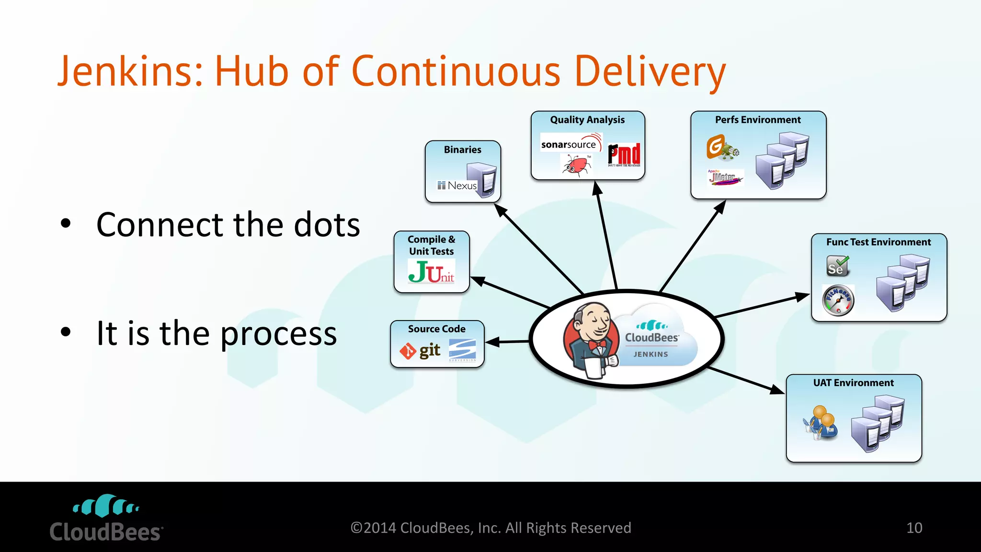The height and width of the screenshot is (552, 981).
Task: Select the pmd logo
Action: pos(624,154)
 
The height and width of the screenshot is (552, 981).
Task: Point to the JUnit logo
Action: pos(431,272)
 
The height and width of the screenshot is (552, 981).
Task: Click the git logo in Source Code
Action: pos(420,351)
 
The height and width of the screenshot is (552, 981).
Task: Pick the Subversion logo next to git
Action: pos(462,350)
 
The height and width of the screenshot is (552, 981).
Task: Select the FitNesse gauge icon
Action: pos(838,300)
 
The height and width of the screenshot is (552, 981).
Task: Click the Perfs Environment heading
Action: pos(758,120)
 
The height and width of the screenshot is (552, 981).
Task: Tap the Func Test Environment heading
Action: pos(878,242)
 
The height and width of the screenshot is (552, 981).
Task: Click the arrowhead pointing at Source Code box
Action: pos(491,342)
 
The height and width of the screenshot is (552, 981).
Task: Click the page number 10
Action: pos(914,528)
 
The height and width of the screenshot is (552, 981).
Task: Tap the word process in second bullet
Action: pos(278,334)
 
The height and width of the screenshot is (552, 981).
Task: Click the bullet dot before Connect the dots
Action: pos(66,223)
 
